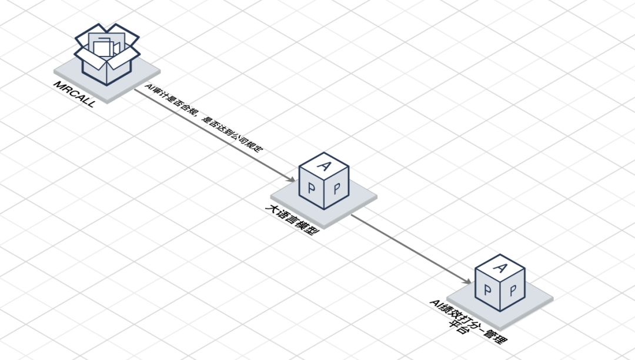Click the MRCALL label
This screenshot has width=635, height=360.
(x=75, y=94)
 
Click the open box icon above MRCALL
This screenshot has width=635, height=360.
(x=108, y=54)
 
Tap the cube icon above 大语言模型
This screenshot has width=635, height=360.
(x=324, y=181)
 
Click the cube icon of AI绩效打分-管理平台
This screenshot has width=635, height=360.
(x=500, y=283)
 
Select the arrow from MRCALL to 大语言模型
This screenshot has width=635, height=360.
(x=215, y=135)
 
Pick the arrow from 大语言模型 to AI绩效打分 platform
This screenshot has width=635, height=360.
(x=411, y=249)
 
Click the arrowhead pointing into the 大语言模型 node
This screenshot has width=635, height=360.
(x=292, y=179)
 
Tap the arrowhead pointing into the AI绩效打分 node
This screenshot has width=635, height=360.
(x=467, y=281)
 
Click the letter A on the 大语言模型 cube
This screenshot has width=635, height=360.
(x=324, y=166)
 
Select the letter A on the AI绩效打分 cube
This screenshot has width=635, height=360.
(x=501, y=268)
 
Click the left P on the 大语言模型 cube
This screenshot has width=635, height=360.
(x=312, y=188)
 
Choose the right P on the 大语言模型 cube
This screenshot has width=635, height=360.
(x=337, y=188)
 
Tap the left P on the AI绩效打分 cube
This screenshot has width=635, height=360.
(x=487, y=289)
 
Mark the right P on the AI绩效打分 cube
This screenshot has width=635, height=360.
(x=513, y=290)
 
